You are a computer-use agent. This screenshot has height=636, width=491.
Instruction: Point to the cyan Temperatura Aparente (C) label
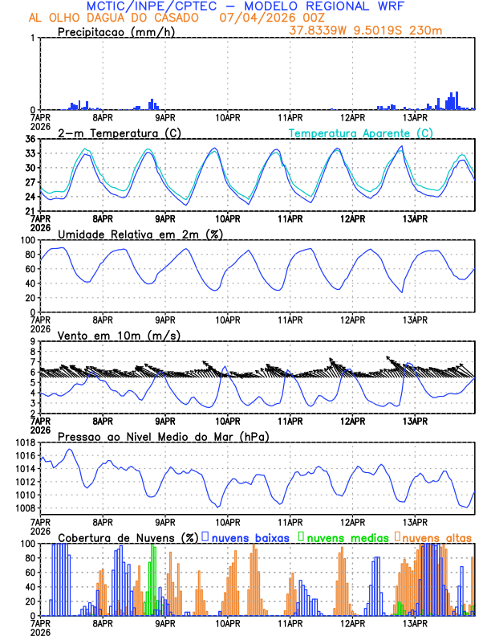tap(360, 132)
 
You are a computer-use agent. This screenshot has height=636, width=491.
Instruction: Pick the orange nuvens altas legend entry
tap(434, 536)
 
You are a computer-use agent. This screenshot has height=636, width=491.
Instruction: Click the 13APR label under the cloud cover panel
tap(414, 622)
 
